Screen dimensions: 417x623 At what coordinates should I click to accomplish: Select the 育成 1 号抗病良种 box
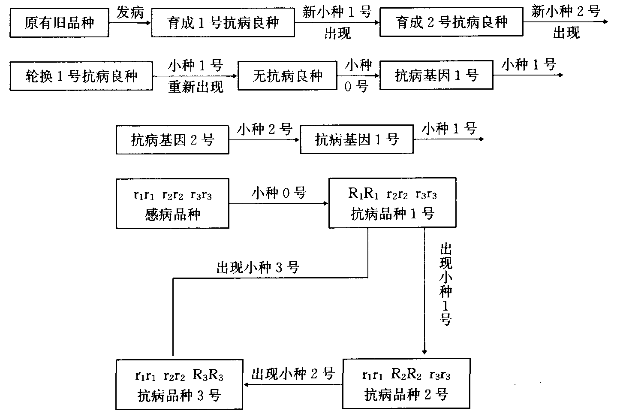click(x=223, y=23)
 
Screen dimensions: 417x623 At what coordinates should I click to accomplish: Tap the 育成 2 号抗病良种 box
click(x=451, y=23)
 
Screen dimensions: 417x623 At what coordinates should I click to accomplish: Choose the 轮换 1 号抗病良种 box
click(x=81, y=77)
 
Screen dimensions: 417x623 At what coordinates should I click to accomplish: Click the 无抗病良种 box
click(x=287, y=77)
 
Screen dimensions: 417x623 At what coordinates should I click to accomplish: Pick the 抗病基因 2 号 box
click(x=172, y=140)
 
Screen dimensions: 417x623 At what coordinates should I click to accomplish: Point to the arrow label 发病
click(x=130, y=13)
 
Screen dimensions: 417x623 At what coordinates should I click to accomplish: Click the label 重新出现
click(x=196, y=87)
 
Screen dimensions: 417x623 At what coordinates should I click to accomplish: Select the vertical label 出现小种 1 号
click(x=445, y=285)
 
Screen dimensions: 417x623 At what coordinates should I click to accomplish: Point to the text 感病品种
click(x=172, y=214)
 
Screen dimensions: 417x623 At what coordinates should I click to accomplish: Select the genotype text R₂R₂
click(x=406, y=375)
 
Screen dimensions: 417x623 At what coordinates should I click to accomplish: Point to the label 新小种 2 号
click(x=566, y=12)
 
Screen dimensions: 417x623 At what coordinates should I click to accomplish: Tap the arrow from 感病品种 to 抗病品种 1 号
click(x=279, y=204)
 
